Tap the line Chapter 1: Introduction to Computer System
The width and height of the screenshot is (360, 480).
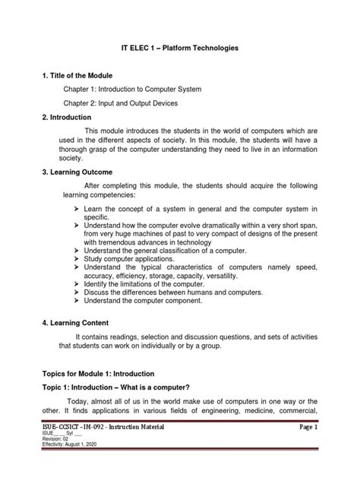pyautogui.click(x=143, y=90)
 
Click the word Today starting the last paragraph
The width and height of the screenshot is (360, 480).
pyautogui.click(x=77, y=402)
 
